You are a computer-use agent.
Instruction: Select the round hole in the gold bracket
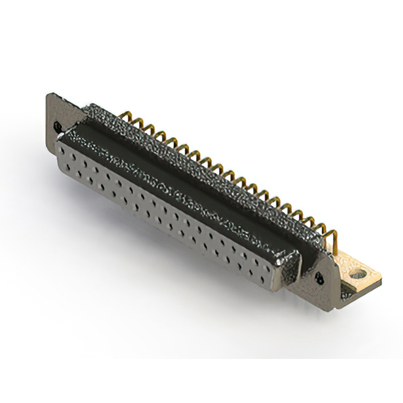click(359, 275)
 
